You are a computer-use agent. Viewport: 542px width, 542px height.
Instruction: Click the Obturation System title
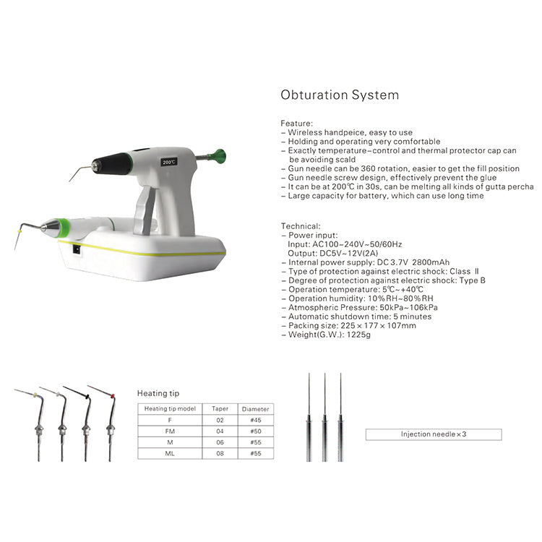[x=339, y=95]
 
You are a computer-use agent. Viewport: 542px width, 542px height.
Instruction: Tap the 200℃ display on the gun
[x=170, y=163]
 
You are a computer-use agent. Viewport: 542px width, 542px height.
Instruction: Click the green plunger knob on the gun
[x=217, y=155]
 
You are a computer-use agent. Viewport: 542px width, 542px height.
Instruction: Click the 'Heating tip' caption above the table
[x=158, y=393]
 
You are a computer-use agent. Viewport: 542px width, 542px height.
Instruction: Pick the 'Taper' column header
[x=220, y=408]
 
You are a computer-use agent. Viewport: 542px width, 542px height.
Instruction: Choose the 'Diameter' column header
[x=254, y=408]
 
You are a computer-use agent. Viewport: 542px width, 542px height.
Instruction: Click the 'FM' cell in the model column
[x=170, y=431]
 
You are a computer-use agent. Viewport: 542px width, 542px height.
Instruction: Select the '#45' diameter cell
[x=254, y=420]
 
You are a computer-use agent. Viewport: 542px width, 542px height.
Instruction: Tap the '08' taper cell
[x=220, y=454]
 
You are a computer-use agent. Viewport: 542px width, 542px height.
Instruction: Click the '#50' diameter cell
[x=254, y=431]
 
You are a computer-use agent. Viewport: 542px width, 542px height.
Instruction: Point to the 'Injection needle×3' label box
[x=433, y=434]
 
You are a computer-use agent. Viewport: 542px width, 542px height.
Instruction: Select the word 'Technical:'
[x=300, y=226]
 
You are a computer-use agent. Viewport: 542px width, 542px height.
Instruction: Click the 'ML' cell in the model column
[x=170, y=454]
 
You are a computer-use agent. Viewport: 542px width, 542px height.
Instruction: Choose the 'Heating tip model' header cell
[x=170, y=408]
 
